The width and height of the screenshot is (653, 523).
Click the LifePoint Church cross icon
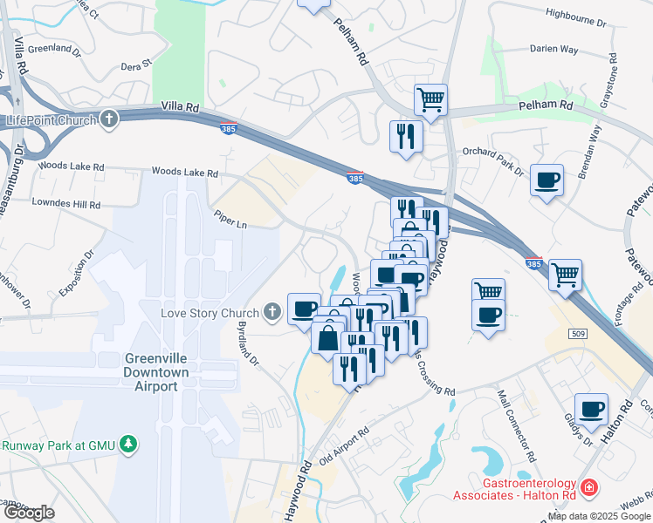click(109, 119)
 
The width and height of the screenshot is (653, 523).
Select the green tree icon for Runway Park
click(129, 445)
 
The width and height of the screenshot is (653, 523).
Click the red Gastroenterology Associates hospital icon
click(589, 487)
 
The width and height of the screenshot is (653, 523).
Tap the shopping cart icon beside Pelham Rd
click(430, 99)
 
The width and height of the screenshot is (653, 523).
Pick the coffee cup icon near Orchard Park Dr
click(546, 180)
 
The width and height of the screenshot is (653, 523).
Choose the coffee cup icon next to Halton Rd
click(591, 408)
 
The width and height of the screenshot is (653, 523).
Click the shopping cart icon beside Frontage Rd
click(566, 274)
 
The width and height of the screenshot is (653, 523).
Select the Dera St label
click(136, 65)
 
